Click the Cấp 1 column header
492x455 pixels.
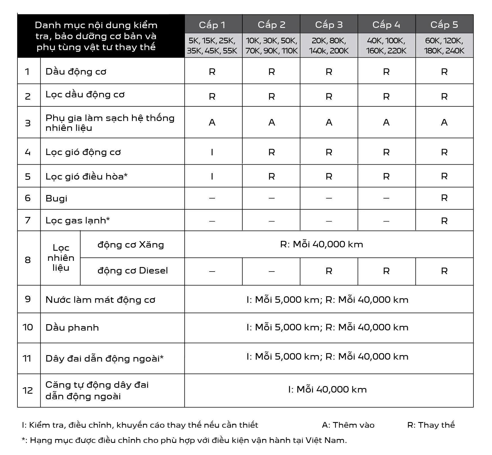pos(212,25)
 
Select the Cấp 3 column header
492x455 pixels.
pos(329,25)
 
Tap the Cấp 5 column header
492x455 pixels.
pos(444,25)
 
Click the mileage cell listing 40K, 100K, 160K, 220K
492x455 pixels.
pos(386,46)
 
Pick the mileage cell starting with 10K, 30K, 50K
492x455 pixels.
pos(271,46)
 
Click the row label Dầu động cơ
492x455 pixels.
pos(76,71)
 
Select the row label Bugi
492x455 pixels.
pos(56,198)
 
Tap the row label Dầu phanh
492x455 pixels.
pos(72,328)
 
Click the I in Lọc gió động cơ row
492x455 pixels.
pos(212,152)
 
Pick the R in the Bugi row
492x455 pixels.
pos(444,198)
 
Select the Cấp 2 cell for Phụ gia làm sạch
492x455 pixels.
pos(271,122)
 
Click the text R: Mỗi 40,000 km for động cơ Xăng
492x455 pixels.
pos(321,244)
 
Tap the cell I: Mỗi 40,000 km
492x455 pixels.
pos(327,389)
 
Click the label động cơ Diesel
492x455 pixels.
pos(133,271)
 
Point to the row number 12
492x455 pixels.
pos(28,391)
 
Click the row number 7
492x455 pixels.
pos(28,220)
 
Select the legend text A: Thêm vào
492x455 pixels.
pos(348,425)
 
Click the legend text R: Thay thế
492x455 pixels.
pos(431,425)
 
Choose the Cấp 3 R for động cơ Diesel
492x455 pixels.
pos(329,271)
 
